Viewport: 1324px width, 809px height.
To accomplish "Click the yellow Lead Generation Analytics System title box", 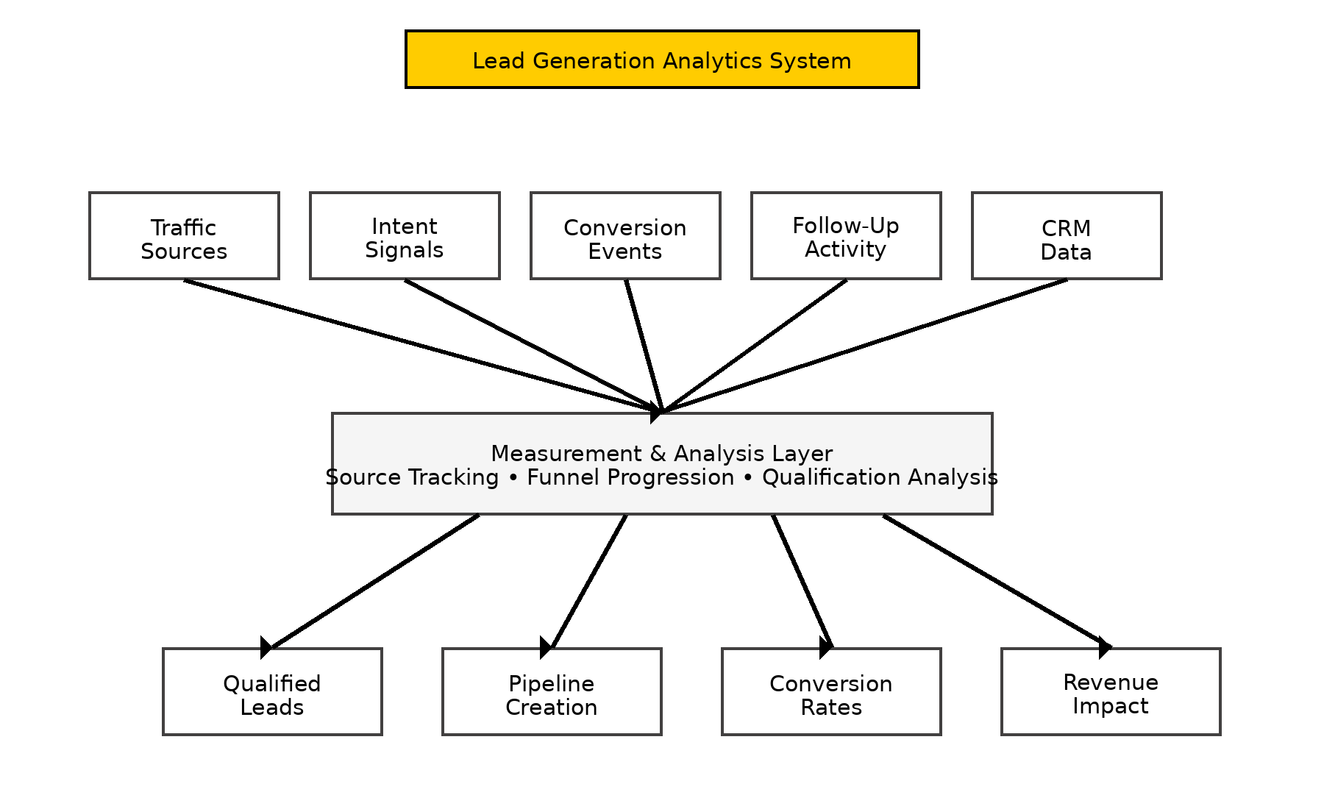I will point(662,60).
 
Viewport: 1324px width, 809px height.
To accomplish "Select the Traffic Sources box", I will point(184,236).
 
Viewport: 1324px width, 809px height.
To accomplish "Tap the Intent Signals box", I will point(405,236).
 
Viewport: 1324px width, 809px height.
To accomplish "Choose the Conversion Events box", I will point(625,236).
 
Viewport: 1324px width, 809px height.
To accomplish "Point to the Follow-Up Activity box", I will point(846,236).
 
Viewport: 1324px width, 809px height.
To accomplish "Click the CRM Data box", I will point(1067,236).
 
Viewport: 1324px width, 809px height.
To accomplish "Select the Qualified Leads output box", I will point(272,691).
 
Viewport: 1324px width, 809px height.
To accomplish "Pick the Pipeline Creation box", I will point(552,691).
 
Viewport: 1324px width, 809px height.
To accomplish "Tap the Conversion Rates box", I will point(831,691).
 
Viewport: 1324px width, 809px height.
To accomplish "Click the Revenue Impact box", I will point(1111,691).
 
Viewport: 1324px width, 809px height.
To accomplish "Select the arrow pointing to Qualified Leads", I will point(375,581).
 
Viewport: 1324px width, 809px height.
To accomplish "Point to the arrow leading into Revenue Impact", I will point(997,581).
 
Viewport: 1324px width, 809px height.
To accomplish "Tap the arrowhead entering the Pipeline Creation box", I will point(547,646).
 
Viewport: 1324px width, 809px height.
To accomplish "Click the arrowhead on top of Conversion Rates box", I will point(825,646).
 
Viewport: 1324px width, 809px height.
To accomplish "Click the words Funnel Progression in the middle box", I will point(630,477).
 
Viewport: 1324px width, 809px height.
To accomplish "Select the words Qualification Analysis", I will point(880,477).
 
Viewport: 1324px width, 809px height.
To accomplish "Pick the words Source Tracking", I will point(413,477).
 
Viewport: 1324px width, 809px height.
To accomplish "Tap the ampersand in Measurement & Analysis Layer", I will point(658,454).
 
